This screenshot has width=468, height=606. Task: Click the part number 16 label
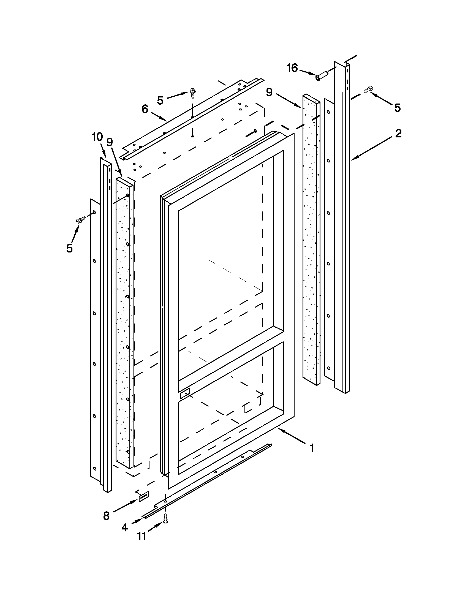pos(292,68)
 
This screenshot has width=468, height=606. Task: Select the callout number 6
pos(145,109)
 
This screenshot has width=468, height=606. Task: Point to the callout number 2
pos(398,134)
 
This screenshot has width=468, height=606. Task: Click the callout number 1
pos(312,448)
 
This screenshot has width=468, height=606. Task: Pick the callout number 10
pos(97,137)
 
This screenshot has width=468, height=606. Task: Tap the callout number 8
pos(106,516)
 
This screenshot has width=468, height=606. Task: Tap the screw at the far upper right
pos(368,90)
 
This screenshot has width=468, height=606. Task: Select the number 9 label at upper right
pos(269,93)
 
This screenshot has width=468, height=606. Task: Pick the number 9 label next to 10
pos(110,142)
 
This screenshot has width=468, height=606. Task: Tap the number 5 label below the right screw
pos(398,108)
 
